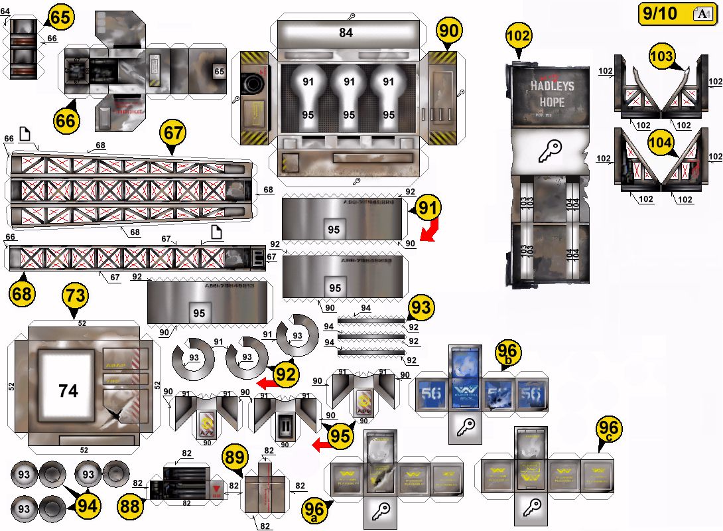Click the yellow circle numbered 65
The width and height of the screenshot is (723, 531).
[60, 18]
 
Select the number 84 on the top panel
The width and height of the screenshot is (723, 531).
[346, 33]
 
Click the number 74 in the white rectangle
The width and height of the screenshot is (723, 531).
[68, 390]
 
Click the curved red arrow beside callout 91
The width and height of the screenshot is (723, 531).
[428, 232]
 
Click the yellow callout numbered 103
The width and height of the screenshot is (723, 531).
[661, 57]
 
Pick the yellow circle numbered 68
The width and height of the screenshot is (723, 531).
[23, 294]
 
